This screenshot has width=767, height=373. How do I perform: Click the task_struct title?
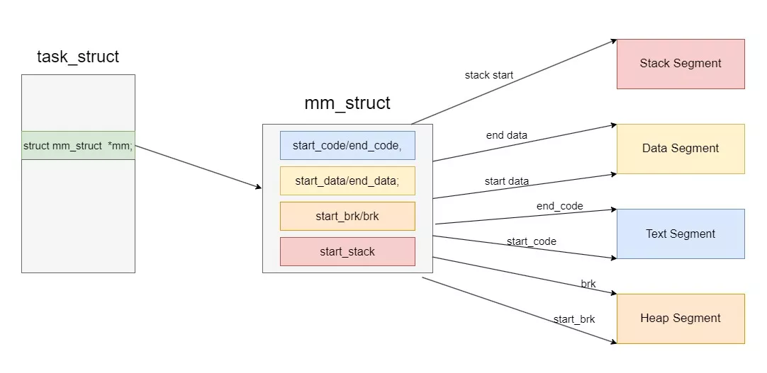click(x=78, y=57)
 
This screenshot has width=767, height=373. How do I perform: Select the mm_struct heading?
click(x=347, y=103)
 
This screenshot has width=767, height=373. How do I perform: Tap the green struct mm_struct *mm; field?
click(x=78, y=146)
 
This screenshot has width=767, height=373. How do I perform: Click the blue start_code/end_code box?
click(x=347, y=146)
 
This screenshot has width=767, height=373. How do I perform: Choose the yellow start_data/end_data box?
click(x=347, y=180)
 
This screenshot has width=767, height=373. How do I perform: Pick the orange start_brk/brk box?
click(x=347, y=216)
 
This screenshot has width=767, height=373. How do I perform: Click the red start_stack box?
click(x=347, y=251)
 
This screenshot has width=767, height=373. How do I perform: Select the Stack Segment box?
click(x=681, y=64)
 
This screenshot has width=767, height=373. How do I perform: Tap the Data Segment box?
click(x=681, y=149)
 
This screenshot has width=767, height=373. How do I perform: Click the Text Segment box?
click(x=681, y=234)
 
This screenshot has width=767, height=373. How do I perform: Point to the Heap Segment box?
click(x=681, y=319)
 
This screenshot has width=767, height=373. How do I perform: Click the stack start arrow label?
click(x=489, y=75)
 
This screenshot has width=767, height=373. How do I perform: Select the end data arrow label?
click(x=506, y=135)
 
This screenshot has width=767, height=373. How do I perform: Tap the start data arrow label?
click(x=506, y=181)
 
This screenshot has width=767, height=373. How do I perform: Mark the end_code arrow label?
click(x=559, y=206)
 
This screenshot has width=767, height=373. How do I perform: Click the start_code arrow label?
click(x=531, y=241)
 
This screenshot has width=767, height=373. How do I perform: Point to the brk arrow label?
click(x=588, y=284)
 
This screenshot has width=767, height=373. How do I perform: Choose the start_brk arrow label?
click(x=574, y=319)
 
